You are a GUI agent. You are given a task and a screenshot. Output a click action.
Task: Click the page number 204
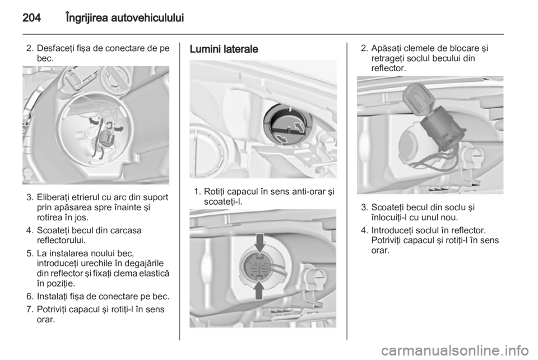point(31,17)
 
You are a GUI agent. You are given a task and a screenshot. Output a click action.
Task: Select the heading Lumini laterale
point(224,49)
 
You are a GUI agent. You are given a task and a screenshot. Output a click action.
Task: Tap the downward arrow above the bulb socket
point(259,243)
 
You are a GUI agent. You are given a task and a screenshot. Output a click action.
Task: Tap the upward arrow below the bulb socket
point(259,290)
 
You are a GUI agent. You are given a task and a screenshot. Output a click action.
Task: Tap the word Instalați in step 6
point(53,296)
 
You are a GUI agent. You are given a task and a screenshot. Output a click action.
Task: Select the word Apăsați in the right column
point(386,48)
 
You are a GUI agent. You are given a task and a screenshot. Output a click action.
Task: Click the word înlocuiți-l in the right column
point(390,217)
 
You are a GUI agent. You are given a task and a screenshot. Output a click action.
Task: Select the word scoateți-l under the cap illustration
point(223,202)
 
